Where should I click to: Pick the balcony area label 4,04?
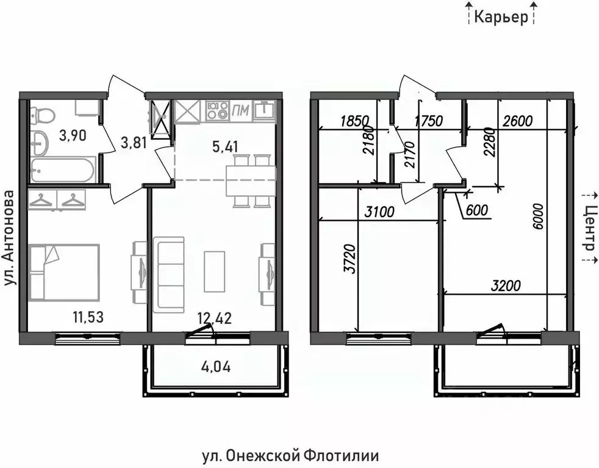click(x=216, y=367)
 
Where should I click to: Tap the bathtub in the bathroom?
click(x=62, y=170)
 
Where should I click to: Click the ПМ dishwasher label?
click(x=241, y=110)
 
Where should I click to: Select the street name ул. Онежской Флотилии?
click(x=290, y=455)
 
